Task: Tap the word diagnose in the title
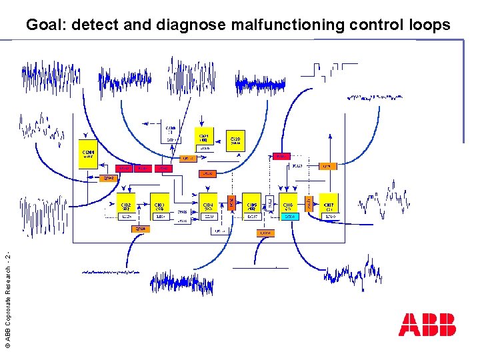tap(191, 25)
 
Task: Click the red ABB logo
tap(427, 325)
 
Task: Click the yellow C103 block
tap(160, 206)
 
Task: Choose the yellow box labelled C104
tap(208, 206)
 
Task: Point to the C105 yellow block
tap(251, 206)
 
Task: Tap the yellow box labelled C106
tap(288, 206)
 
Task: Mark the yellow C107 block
tap(329, 206)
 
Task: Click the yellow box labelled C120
tap(236, 139)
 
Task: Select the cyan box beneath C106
tap(288, 217)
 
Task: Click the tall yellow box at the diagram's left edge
tap(88, 155)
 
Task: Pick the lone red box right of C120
tap(281, 156)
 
